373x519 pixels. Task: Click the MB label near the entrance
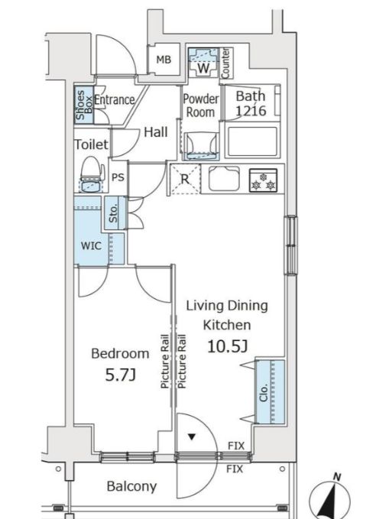164,60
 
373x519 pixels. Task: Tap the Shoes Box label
84,105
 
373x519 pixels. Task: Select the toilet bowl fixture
91,174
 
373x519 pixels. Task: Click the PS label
118,177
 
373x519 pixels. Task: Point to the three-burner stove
263,180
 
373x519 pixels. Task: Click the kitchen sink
224,179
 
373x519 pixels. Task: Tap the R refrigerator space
185,179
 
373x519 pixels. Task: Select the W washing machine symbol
203,63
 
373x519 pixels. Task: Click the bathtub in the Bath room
252,141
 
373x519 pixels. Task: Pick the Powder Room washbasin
201,146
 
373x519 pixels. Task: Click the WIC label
91,246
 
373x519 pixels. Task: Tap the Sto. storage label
113,212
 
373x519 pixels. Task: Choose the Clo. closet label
264,393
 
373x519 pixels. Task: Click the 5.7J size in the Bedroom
121,375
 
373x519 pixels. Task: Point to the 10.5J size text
227,346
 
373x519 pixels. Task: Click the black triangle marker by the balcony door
191,437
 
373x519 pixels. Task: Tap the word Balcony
131,486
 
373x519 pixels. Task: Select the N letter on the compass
337,477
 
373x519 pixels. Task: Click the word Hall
156,132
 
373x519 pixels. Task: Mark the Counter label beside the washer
225,63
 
